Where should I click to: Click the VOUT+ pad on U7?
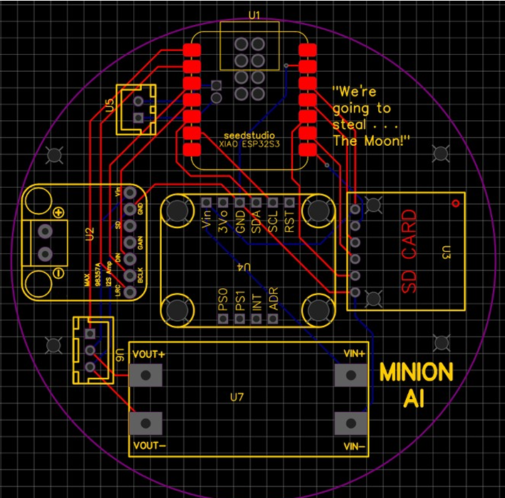click(146, 375)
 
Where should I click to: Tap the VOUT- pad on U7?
click(146, 423)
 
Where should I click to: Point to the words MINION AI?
click(416, 385)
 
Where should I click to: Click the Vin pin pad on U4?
click(207, 203)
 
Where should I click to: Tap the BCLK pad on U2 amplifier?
click(129, 276)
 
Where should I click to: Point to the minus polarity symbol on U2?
click(58, 273)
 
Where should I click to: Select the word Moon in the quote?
click(385, 140)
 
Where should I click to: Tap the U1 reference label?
click(254, 14)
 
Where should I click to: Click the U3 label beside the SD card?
click(447, 251)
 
